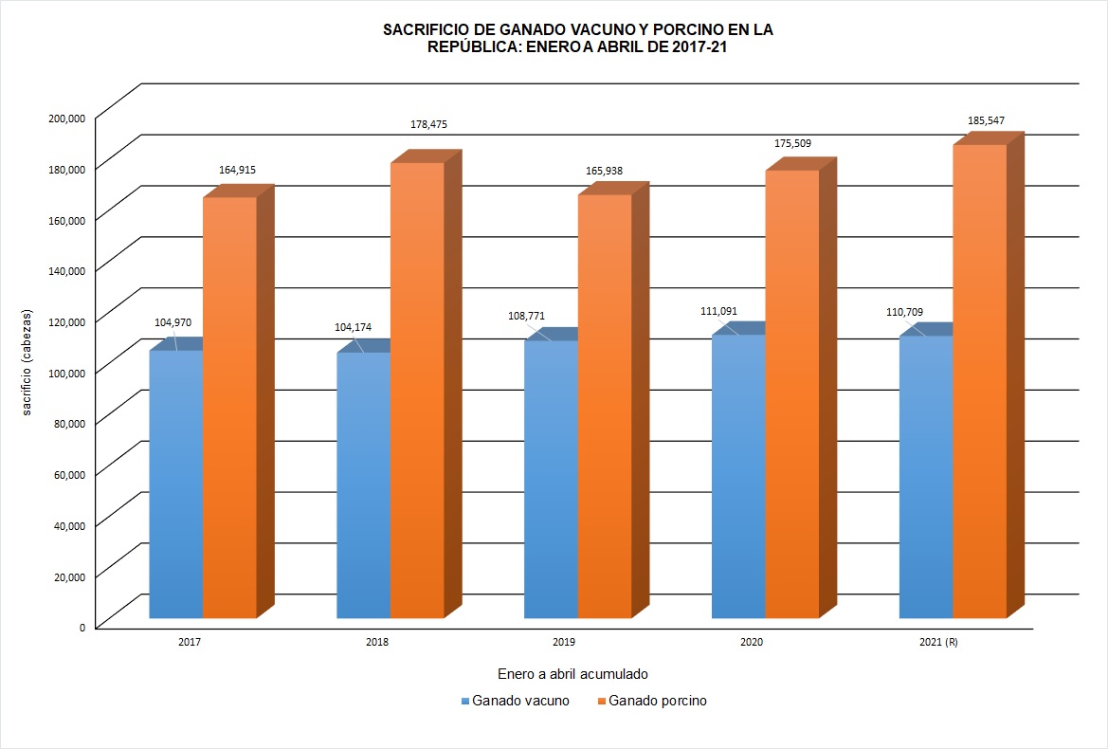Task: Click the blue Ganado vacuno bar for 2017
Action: coord(176,484)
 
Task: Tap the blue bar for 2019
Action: coord(551,479)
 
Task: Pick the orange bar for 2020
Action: coord(791,393)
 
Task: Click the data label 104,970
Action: coord(173,322)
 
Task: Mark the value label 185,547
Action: coord(985,120)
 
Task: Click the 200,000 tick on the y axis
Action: coord(68,118)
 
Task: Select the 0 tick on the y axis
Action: coord(82,627)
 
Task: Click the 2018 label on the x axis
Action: coord(377,642)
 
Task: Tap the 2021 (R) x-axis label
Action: coord(938,642)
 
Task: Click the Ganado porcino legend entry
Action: coord(658,702)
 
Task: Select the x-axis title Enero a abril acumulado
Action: coord(572,674)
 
